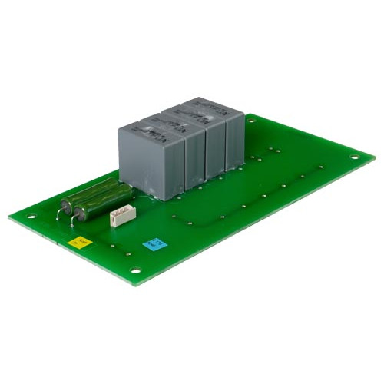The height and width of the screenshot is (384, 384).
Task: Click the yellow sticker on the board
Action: pos(79,242)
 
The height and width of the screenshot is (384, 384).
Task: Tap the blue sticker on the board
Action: pos(154,244)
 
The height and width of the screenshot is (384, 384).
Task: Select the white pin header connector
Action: pos(122,217)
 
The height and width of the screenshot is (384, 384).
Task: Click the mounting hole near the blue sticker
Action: pos(135,270)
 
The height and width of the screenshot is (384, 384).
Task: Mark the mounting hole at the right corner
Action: pos(354,157)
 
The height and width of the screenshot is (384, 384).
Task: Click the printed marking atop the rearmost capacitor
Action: pos(201,108)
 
